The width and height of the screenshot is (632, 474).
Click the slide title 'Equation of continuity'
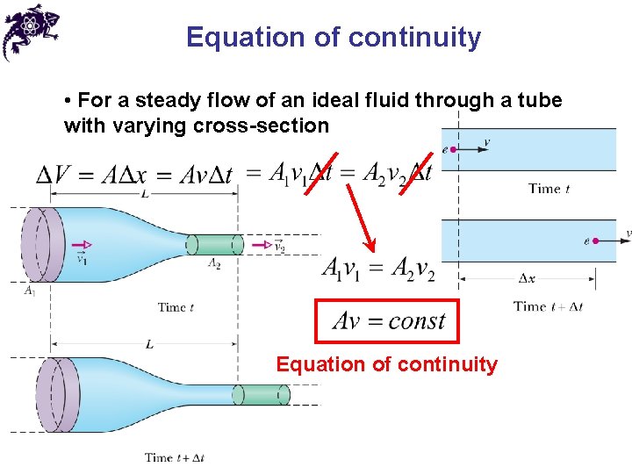point(334,38)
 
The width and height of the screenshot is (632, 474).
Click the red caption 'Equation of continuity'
point(386,364)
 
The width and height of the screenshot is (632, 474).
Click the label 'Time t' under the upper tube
point(176,307)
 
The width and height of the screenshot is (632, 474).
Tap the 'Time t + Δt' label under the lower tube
point(175,457)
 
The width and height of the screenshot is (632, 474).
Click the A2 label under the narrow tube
point(214,263)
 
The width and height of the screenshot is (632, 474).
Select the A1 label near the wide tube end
point(30,291)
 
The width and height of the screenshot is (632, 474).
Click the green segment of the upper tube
point(216,245)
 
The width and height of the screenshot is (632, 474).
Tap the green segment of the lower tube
point(261,395)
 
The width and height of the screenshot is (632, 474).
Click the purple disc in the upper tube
point(39,245)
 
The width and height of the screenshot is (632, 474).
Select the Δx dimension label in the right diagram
point(528,278)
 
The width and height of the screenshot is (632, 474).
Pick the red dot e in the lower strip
point(597,240)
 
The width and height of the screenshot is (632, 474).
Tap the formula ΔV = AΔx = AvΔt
point(134,175)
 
